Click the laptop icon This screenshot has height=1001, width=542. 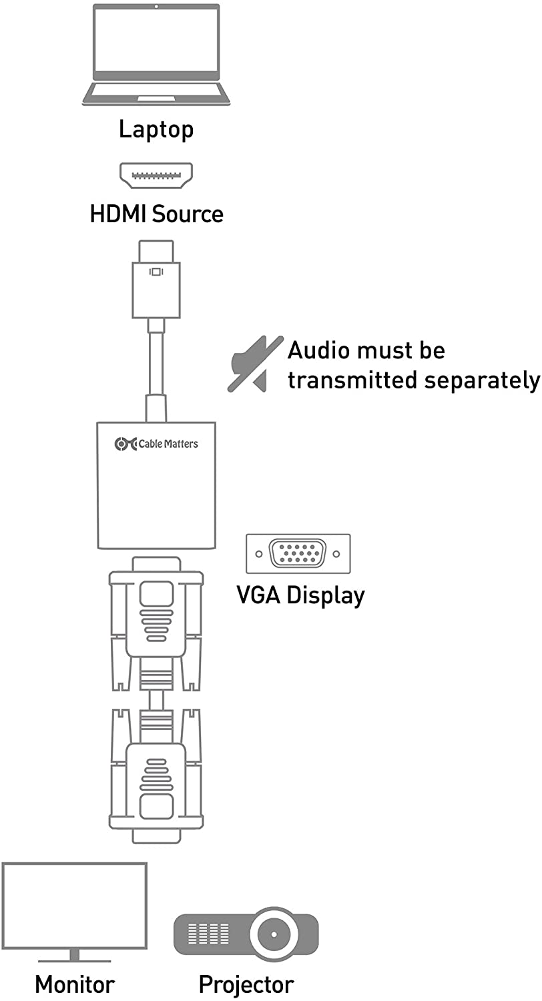(156, 55)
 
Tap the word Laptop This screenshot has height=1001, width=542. (156, 129)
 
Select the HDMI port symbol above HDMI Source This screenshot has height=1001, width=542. (156, 176)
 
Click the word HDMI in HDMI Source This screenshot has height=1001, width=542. (118, 214)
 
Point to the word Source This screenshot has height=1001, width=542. (188, 214)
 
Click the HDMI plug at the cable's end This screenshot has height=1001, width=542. (156, 279)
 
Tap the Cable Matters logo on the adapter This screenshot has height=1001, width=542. (156, 444)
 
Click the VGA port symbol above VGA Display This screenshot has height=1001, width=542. (298, 554)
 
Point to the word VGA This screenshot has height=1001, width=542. (259, 595)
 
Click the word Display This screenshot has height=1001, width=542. (326, 595)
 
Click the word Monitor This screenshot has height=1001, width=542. (75, 984)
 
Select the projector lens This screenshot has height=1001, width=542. (275, 930)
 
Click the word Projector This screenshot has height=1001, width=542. (246, 984)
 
